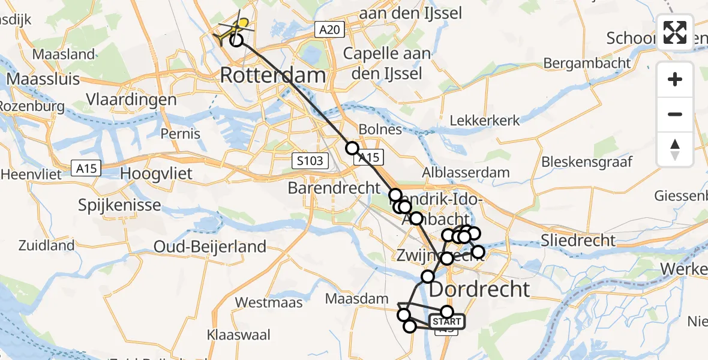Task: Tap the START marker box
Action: (x=446, y=322)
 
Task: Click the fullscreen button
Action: (x=675, y=32)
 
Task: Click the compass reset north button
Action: (x=675, y=149)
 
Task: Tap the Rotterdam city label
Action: (x=273, y=76)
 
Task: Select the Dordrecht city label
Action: (x=480, y=289)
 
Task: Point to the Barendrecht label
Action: (x=335, y=187)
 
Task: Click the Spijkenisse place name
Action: (x=119, y=205)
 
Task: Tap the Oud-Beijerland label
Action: (x=210, y=246)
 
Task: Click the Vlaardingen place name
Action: (x=131, y=100)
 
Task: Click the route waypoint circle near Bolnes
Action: (x=352, y=148)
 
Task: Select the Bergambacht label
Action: (x=587, y=63)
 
